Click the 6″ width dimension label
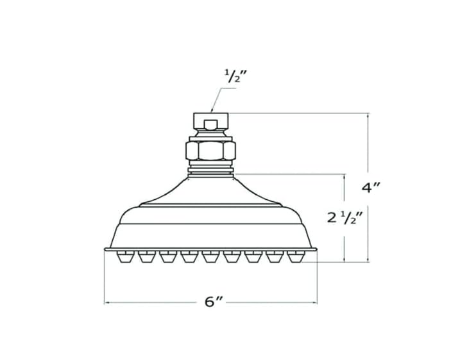214,302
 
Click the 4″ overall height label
371,187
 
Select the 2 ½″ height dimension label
345,218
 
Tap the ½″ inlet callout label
234,76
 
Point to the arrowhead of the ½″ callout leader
212,111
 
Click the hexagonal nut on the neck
210,151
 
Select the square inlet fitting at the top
210,121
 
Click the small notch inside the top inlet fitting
210,125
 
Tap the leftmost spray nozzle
125,256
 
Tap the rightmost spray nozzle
296,256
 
